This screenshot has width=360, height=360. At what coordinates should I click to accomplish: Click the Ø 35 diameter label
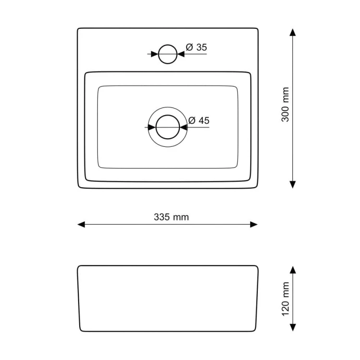pyautogui.click(x=196, y=47)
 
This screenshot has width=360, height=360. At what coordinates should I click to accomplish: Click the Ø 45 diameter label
pyautogui.click(x=199, y=120)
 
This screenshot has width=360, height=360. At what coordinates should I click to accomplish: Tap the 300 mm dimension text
pyautogui.click(x=285, y=105)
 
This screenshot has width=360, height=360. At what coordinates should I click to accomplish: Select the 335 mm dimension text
pyautogui.click(x=171, y=217)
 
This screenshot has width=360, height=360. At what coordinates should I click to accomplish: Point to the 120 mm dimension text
pyautogui.click(x=285, y=299)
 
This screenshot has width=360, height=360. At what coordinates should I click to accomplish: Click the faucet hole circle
pyautogui.click(x=168, y=45)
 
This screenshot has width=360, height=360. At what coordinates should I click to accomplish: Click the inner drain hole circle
pyautogui.click(x=168, y=115)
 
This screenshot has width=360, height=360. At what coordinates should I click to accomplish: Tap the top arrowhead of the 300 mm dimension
pyautogui.click(x=292, y=32)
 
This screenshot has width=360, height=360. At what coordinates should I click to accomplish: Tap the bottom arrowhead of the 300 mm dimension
pyautogui.click(x=292, y=185)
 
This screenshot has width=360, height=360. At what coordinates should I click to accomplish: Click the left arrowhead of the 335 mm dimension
pyautogui.click(x=81, y=225)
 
